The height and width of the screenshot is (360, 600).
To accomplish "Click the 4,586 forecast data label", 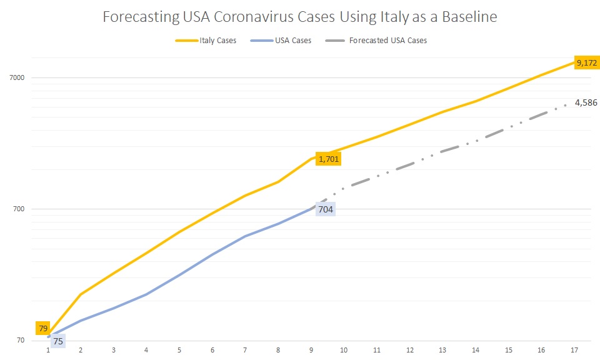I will point(586,102).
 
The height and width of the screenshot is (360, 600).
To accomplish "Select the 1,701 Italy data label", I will point(329,159).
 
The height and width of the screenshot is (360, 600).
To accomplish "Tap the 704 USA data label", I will point(326,209).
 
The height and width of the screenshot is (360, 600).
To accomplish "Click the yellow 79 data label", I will point(43,328).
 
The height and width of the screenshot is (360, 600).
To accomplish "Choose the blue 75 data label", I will point(57,341).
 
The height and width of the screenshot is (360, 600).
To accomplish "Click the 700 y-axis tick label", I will point(18,209).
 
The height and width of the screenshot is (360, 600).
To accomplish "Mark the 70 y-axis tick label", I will point(20,341).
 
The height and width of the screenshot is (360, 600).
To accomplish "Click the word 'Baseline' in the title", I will point(466,17).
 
